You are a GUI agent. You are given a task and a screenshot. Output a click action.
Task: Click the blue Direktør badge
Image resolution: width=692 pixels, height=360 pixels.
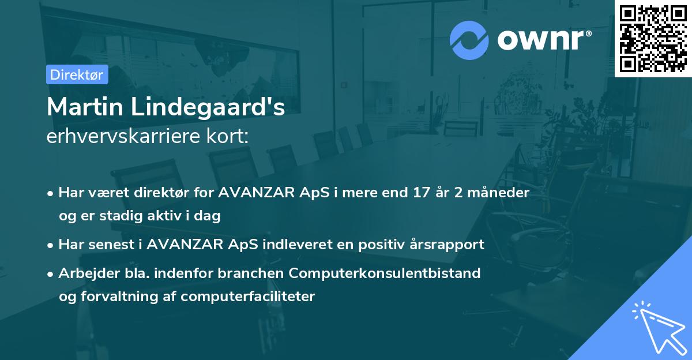77,74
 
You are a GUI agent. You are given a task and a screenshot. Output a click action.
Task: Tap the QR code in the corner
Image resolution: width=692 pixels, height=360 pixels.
653,39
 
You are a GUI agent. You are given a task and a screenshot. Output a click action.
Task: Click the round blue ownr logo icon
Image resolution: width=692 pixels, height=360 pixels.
469,40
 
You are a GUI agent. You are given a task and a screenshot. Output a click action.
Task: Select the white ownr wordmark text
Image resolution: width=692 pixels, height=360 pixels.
544,40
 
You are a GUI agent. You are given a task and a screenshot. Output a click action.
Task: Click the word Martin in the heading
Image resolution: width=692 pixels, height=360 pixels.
85,107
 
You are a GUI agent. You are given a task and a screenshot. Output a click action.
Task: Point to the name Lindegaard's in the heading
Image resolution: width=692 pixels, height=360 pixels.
208,107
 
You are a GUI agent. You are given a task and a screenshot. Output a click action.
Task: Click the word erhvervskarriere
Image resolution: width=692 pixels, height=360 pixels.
123,136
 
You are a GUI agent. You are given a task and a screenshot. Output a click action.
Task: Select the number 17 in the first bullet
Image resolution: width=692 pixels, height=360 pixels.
422,193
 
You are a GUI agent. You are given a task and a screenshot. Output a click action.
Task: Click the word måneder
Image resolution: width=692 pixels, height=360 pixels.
499,193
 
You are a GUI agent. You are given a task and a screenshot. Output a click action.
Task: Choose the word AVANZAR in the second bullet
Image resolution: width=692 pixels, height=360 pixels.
185,245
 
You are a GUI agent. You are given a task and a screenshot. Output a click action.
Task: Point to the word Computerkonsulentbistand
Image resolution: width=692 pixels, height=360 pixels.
385,273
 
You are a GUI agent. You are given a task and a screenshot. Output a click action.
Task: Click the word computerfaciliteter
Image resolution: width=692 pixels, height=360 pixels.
248,297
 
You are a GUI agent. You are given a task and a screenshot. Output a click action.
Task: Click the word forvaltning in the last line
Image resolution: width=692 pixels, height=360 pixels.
119,297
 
